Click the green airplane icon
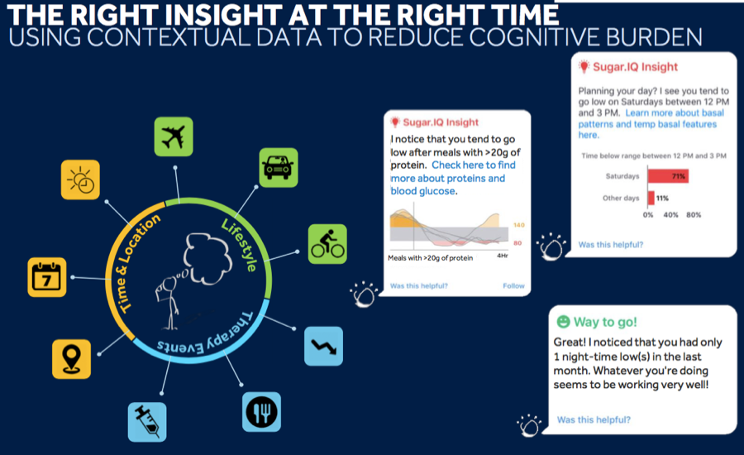174,136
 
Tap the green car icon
279,167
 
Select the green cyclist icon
327,244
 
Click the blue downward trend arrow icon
323,347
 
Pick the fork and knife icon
261,412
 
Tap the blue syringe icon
147,422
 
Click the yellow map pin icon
71,359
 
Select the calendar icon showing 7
47,277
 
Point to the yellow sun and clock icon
80,180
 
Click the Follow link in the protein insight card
513,286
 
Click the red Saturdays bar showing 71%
668,176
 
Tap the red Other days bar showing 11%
651,198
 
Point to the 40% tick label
670,215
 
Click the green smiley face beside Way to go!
563,322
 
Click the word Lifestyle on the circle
240,245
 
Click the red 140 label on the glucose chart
518,225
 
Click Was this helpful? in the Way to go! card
594,420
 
